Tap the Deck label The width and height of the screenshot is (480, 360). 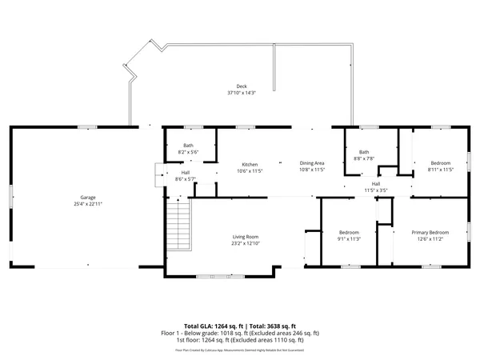point(241,86)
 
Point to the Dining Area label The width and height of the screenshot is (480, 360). point(312,163)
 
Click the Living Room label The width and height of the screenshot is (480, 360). point(246,237)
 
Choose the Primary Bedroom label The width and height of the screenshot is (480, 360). point(430,233)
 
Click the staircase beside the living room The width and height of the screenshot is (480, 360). point(180,226)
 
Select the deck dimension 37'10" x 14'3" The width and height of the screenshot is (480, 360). point(241,93)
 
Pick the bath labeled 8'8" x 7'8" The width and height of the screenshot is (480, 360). point(364,155)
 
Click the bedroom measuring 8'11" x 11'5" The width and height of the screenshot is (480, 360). point(441,166)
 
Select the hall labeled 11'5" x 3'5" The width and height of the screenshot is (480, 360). point(376,187)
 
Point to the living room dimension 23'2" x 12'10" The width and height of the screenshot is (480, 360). point(246,243)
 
